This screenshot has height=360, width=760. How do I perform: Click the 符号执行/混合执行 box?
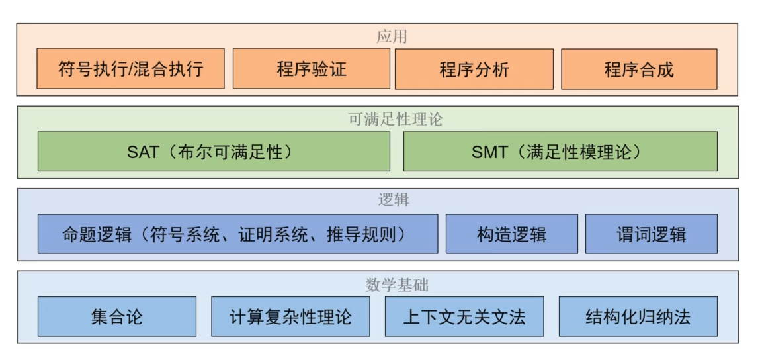pyautogui.click(x=130, y=69)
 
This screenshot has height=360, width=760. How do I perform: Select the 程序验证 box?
pyautogui.click(x=311, y=69)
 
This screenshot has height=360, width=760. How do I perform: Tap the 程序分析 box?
pyautogui.click(x=474, y=69)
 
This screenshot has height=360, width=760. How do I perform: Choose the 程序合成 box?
pyautogui.click(x=638, y=69)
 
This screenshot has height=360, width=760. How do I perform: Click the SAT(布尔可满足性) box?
pyautogui.click(x=214, y=152)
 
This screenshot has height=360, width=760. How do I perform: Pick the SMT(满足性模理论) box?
pyautogui.click(x=560, y=152)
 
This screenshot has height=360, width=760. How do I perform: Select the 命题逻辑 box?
pyautogui.click(x=237, y=234)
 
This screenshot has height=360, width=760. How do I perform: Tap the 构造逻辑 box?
pyautogui.click(x=511, y=234)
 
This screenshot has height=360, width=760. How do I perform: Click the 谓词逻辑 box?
pyautogui.click(x=651, y=234)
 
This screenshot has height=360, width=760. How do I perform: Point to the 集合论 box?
pyautogui.click(x=117, y=316)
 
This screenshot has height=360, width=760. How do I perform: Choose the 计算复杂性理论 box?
pyautogui.click(x=290, y=316)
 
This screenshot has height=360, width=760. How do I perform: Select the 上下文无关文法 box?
pyautogui.click(x=464, y=316)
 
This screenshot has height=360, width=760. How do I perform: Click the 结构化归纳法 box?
pyautogui.click(x=638, y=316)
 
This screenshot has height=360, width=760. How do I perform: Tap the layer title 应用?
pyautogui.click(x=378, y=36)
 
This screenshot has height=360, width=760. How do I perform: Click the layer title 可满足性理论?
pyautogui.click(x=378, y=120)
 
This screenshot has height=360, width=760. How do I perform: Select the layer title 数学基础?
pyautogui.click(x=378, y=285)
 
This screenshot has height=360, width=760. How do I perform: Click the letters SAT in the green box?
pyautogui.click(x=143, y=152)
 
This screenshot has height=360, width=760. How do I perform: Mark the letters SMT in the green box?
pyautogui.click(x=489, y=152)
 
